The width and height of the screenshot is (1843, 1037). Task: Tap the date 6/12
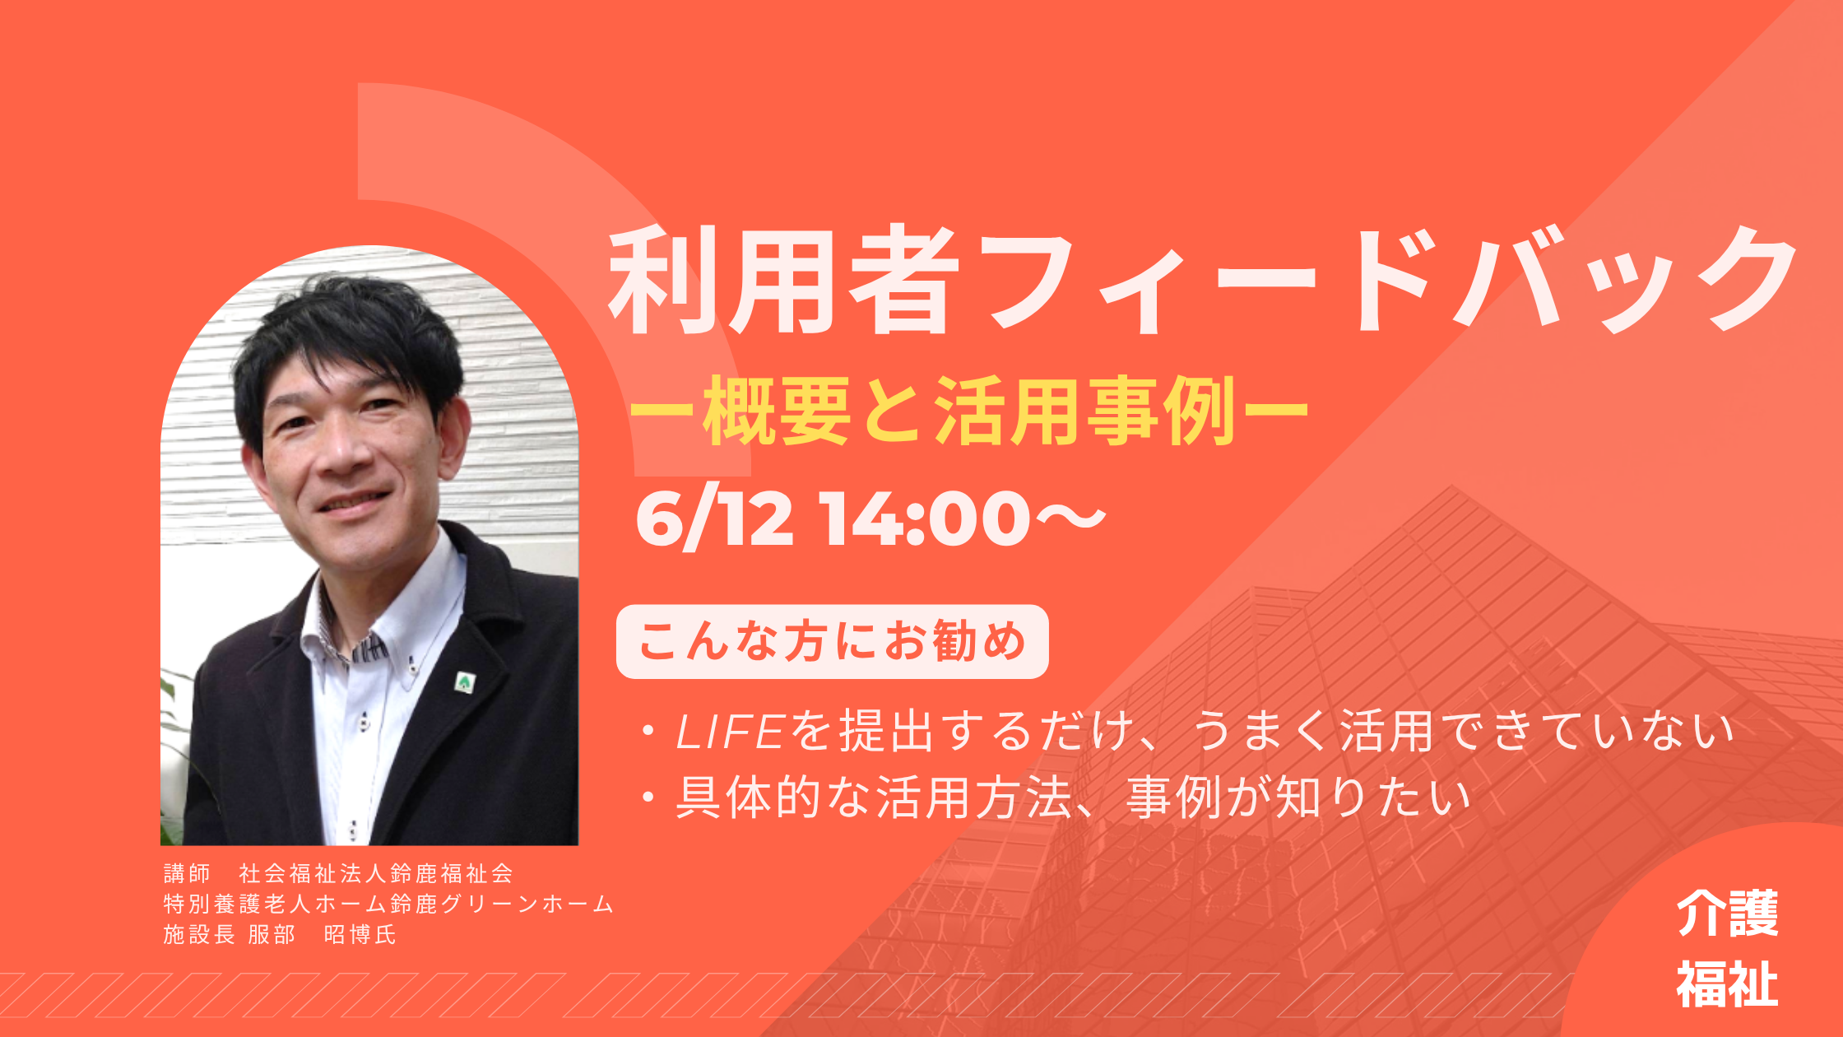pyautogui.click(x=715, y=518)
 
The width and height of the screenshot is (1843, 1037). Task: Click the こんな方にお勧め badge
pyautogui.click(x=832, y=642)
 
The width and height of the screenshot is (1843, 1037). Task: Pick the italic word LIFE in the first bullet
pyautogui.click(x=729, y=732)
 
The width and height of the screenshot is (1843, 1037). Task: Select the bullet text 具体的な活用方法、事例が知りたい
pyautogui.click(x=1073, y=798)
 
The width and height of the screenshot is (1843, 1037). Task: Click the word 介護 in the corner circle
pyautogui.click(x=1727, y=914)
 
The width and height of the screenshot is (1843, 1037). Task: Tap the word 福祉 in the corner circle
pyautogui.click(x=1727, y=984)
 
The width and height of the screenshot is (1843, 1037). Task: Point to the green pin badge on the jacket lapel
pyautogui.click(x=465, y=682)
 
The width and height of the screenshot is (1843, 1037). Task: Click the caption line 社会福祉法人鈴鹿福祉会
pyautogui.click(x=376, y=873)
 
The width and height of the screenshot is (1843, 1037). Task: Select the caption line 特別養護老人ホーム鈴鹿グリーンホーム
pyautogui.click(x=388, y=904)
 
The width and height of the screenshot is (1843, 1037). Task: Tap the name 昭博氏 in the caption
pyautogui.click(x=360, y=935)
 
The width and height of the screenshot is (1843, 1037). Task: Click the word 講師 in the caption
pyautogui.click(x=188, y=873)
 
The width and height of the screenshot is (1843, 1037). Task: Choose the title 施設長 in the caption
pyautogui.click(x=199, y=935)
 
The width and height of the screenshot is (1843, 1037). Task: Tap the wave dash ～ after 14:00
pyautogui.click(x=1070, y=518)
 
